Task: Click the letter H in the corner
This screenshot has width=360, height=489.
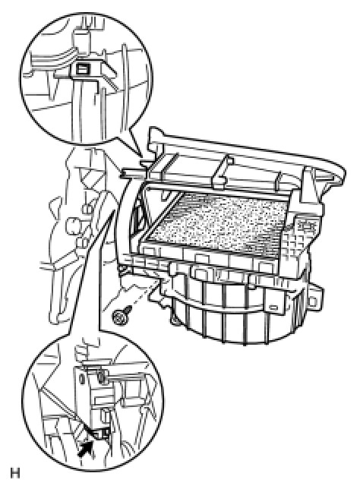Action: [x=15, y=473]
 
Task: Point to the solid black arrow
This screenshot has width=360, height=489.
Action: [x=86, y=448]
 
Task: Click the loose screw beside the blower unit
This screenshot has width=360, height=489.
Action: [x=121, y=317]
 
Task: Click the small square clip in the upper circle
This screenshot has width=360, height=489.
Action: [x=81, y=68]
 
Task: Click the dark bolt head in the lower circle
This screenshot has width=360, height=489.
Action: [x=101, y=377]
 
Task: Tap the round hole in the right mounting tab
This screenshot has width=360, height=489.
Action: [x=312, y=301]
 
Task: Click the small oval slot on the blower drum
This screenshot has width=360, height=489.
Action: [x=273, y=308]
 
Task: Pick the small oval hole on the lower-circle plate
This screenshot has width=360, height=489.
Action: [x=82, y=380]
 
